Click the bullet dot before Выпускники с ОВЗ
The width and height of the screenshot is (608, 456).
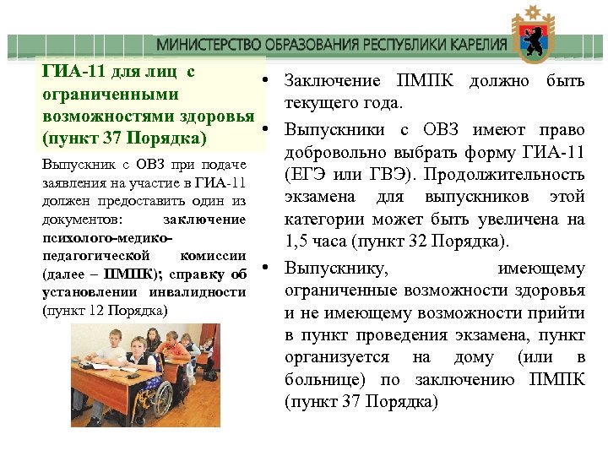tap(264, 129)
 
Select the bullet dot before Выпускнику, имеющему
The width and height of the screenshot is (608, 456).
tap(264, 269)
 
